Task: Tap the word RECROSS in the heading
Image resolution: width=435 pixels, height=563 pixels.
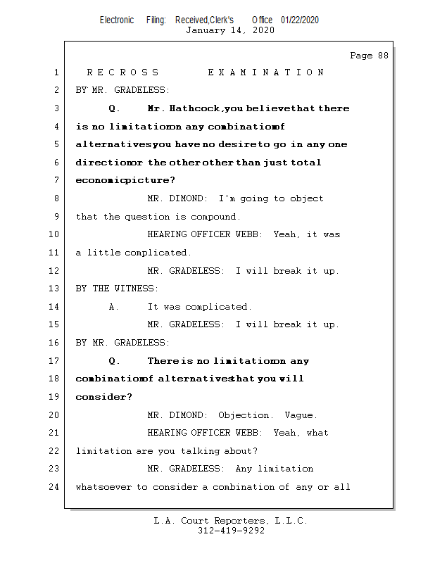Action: click(123, 72)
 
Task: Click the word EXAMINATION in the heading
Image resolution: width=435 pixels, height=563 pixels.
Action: click(266, 72)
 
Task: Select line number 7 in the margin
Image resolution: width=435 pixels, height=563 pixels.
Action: click(56, 181)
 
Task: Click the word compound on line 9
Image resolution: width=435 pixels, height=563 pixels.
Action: click(214, 217)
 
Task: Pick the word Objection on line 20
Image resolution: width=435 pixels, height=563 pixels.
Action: click(244, 415)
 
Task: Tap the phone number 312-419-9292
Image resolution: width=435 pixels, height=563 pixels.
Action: click(231, 531)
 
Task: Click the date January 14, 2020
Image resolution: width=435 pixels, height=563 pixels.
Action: click(230, 30)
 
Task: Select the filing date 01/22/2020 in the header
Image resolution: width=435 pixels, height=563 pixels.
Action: click(300, 20)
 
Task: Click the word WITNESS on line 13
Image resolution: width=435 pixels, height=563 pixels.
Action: click(137, 289)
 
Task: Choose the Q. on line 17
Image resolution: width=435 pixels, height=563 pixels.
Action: click(115, 361)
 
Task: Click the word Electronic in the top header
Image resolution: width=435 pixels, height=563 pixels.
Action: click(117, 20)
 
